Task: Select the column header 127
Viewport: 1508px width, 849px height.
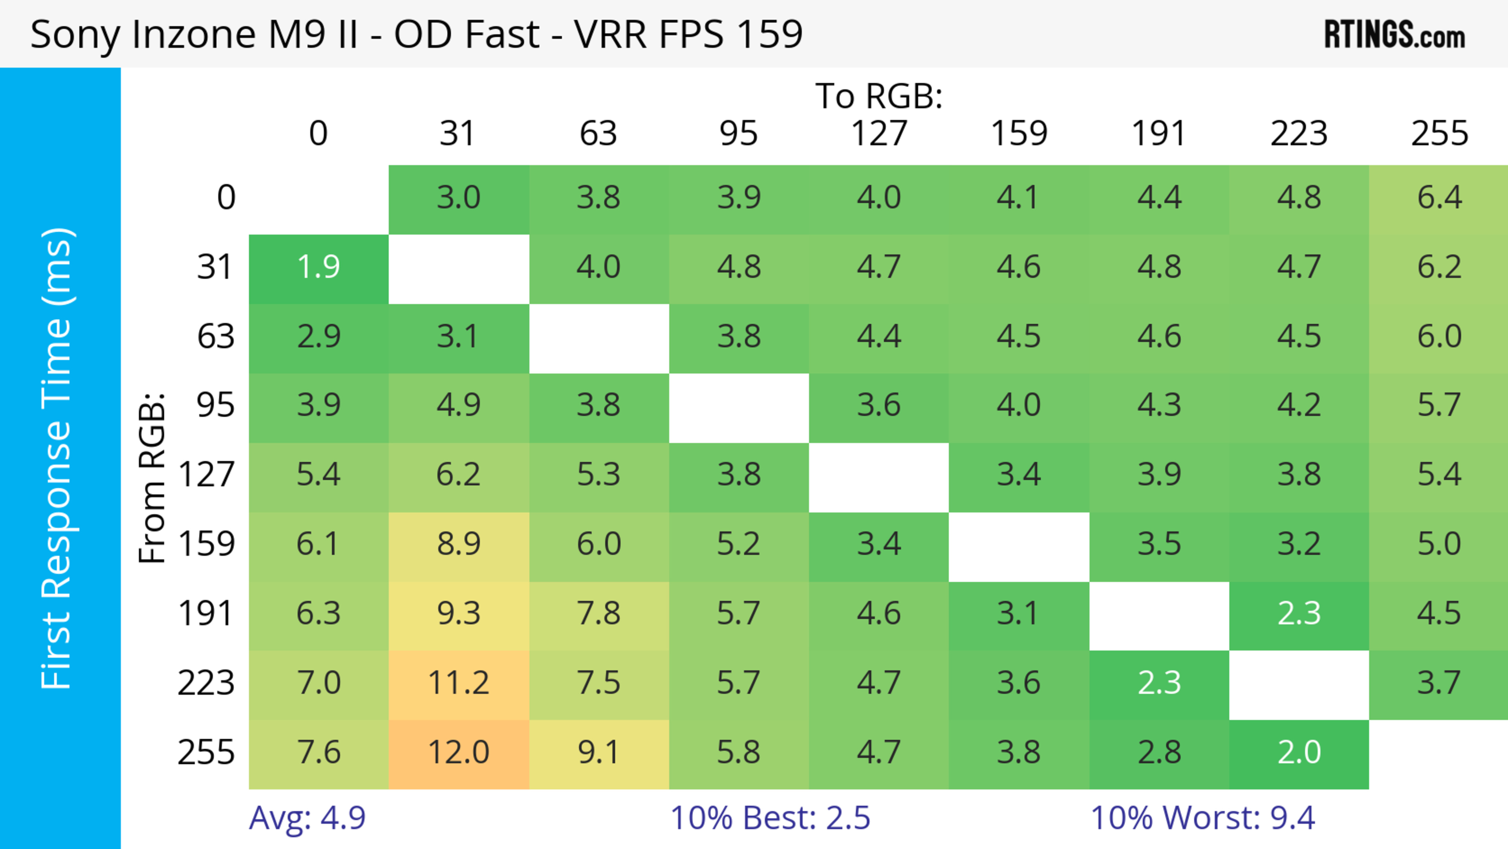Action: (879, 134)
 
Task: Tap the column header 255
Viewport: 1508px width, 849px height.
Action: (1439, 134)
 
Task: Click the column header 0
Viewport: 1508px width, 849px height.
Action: (318, 134)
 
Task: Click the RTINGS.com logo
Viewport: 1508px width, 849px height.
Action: (1395, 35)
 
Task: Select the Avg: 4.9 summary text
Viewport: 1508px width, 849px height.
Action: (307, 818)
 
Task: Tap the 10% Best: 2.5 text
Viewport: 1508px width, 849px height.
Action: (770, 818)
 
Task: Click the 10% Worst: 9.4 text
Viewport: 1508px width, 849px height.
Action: (1202, 818)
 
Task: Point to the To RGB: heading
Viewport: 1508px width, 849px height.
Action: (879, 96)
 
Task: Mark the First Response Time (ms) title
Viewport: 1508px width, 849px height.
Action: (57, 458)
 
